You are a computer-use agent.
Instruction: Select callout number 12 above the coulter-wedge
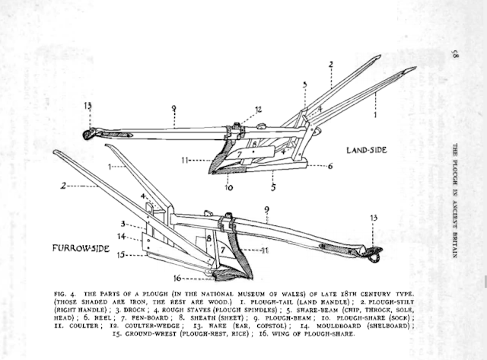click(259, 110)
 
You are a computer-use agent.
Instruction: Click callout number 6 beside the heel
click(330, 165)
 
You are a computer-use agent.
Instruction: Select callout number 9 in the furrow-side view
click(266, 208)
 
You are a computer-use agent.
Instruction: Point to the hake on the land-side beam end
click(88, 135)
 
